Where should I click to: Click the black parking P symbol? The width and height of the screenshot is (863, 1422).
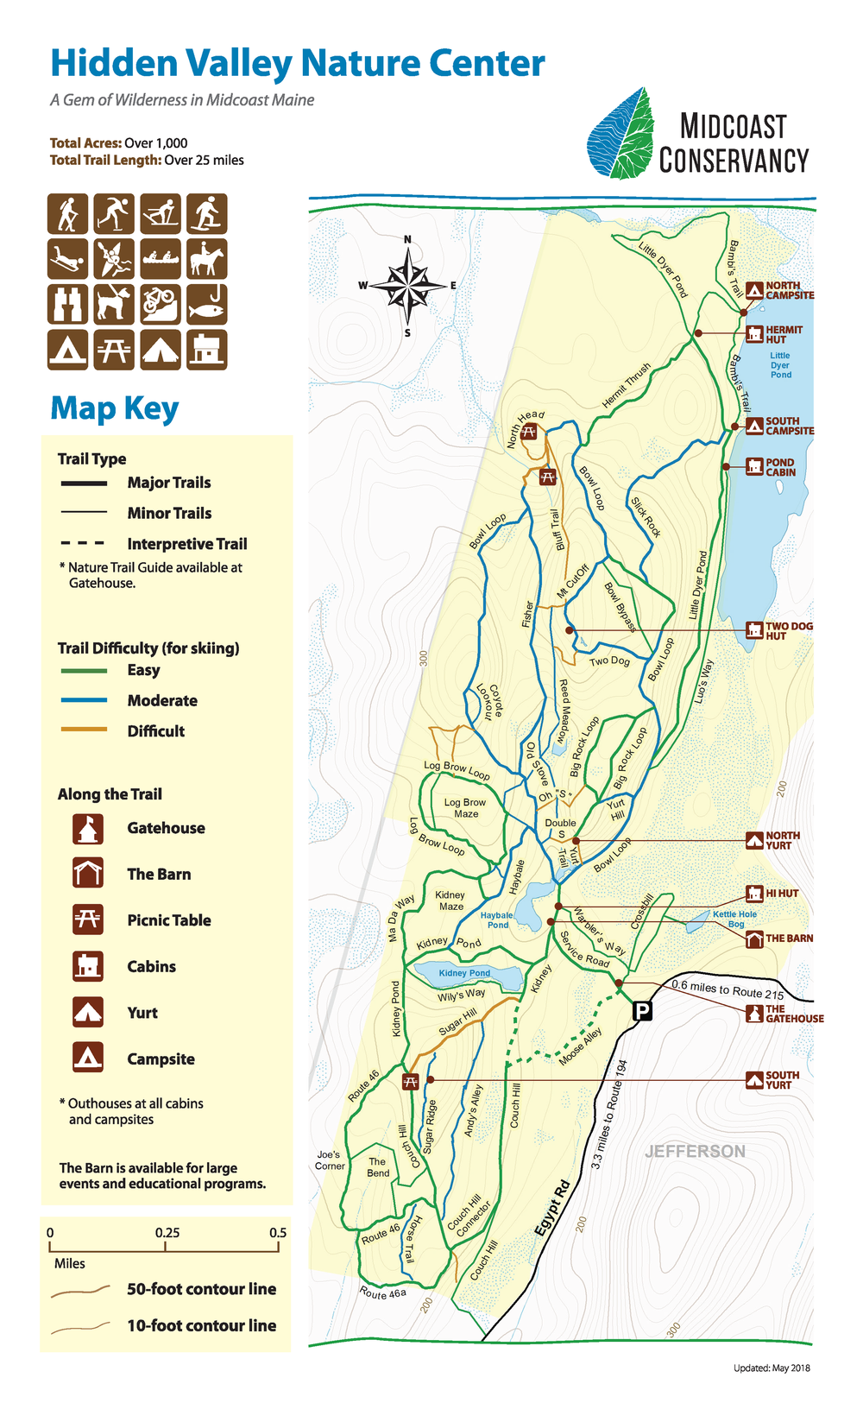click(x=642, y=1010)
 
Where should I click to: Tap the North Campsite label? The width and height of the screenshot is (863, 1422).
click(x=789, y=290)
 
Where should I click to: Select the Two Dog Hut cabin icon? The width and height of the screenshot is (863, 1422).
click(x=754, y=630)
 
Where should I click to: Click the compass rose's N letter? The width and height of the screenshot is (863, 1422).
click(x=407, y=240)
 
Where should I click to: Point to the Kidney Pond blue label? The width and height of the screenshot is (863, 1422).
click(x=464, y=973)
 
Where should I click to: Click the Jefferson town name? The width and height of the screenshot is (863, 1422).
click(x=695, y=1151)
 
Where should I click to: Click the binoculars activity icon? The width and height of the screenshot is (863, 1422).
click(x=67, y=304)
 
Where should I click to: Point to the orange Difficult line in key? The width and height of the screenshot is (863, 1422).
click(x=84, y=730)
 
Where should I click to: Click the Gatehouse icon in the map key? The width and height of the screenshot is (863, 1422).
click(x=88, y=829)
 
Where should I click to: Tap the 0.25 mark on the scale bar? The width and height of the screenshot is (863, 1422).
click(x=167, y=1233)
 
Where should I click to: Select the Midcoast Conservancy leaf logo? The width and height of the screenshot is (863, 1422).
click(x=620, y=134)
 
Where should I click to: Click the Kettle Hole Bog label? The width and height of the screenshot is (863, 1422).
click(x=734, y=919)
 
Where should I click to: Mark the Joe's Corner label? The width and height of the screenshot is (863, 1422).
click(x=329, y=1160)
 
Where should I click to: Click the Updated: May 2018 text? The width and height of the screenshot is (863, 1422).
click(x=771, y=1368)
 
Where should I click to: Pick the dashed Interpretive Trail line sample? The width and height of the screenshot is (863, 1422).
click(x=84, y=544)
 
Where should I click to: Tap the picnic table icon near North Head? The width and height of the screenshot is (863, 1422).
click(x=529, y=432)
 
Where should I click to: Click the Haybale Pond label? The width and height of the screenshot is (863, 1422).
click(x=497, y=920)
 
